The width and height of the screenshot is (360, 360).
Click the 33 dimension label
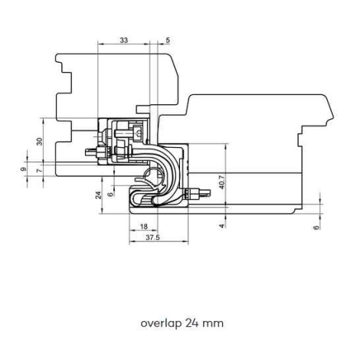click(124, 40)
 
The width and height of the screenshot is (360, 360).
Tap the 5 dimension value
click(168, 40)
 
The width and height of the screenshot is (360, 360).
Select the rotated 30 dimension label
click(39, 141)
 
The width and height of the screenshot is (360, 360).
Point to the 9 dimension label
click(24, 169)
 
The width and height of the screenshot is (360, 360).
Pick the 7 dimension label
click(39, 170)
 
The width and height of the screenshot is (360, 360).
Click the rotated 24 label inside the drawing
click(98, 195)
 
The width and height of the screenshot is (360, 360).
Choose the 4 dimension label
click(222, 226)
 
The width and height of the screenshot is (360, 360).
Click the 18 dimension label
click(144, 226)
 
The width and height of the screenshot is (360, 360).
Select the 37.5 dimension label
click(152, 237)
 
